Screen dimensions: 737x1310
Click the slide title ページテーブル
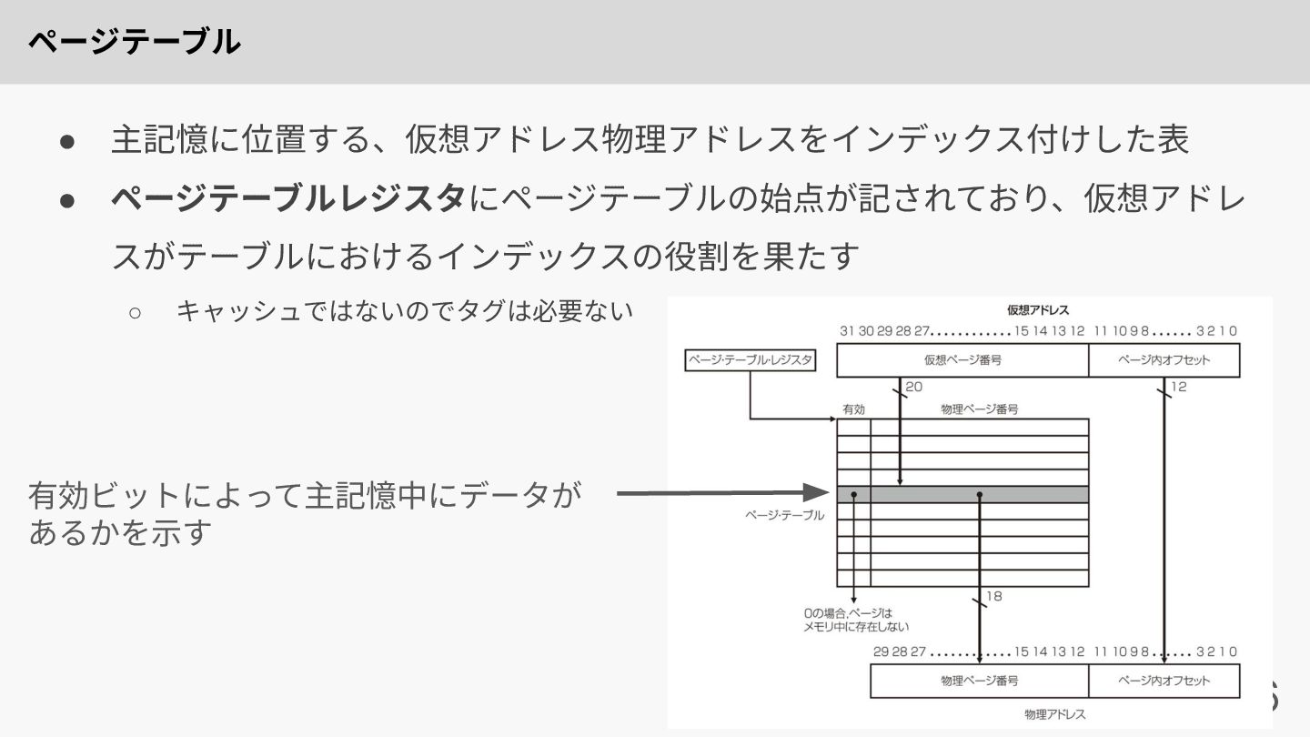click(134, 42)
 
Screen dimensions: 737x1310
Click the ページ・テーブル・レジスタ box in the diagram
click(751, 360)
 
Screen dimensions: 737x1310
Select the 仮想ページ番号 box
click(962, 360)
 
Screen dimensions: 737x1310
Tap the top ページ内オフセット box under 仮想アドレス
click(1164, 360)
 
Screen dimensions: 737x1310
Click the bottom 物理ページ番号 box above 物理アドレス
click(979, 681)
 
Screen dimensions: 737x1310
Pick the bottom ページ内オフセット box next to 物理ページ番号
click(1164, 681)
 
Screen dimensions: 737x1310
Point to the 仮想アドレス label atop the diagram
click(1037, 310)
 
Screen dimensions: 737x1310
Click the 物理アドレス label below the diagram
click(1054, 714)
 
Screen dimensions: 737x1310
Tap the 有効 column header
click(853, 409)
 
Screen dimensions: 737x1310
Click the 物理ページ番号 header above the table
click(979, 409)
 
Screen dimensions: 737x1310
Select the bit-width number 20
click(913, 388)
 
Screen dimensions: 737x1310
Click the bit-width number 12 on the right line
click(1178, 388)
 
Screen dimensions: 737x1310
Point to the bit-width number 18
click(993, 596)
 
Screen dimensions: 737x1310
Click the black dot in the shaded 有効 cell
click(853, 494)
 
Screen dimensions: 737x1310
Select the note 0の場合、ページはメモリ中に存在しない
click(855, 620)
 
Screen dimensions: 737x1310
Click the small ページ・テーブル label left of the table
click(784, 515)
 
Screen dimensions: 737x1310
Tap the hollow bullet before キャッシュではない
click(135, 312)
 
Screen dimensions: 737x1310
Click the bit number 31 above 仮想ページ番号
click(847, 331)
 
